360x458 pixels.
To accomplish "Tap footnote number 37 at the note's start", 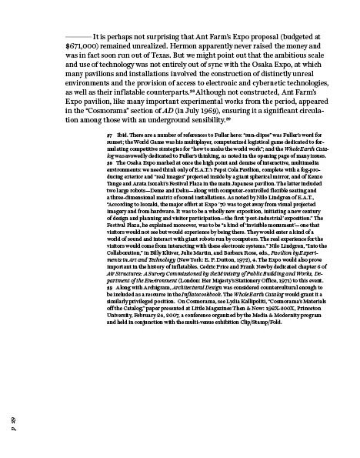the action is (110, 155).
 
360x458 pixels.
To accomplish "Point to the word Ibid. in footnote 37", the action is (124, 155).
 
